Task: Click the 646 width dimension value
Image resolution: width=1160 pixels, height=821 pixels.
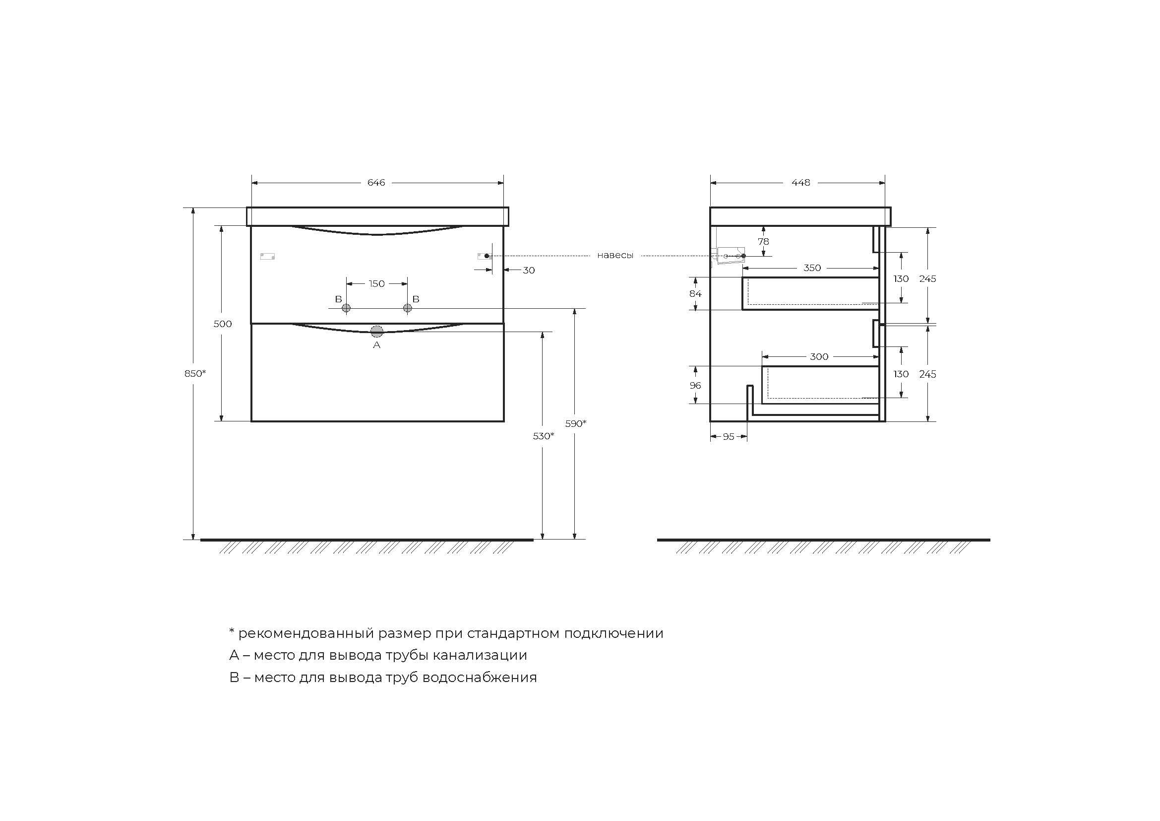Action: (x=376, y=183)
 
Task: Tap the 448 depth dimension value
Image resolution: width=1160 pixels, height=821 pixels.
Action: (x=801, y=183)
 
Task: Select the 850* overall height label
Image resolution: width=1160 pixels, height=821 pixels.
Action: (x=195, y=374)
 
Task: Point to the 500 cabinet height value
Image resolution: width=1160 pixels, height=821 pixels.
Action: (x=222, y=324)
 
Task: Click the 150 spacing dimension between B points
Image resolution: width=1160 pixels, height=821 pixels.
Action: (x=376, y=283)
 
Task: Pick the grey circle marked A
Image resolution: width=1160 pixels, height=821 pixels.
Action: (x=377, y=332)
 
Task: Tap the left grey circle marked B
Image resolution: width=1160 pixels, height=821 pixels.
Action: (x=346, y=308)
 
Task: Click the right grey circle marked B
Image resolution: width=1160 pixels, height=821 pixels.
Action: (x=408, y=308)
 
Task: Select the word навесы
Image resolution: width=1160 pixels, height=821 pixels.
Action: (x=615, y=256)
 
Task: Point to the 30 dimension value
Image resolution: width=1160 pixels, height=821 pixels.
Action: (x=529, y=271)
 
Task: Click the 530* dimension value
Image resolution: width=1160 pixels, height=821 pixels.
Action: (x=543, y=436)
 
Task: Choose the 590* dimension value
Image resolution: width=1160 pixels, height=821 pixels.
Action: (x=575, y=423)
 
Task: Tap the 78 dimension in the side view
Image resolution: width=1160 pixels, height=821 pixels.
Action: (x=763, y=242)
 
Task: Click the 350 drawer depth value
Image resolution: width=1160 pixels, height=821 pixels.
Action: (x=812, y=268)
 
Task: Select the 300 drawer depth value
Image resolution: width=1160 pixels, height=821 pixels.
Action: (x=819, y=357)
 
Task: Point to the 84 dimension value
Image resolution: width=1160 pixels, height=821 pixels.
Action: (x=695, y=294)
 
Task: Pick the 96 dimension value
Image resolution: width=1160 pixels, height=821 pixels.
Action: (x=695, y=386)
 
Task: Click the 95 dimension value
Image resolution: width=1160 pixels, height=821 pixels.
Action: (x=728, y=437)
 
